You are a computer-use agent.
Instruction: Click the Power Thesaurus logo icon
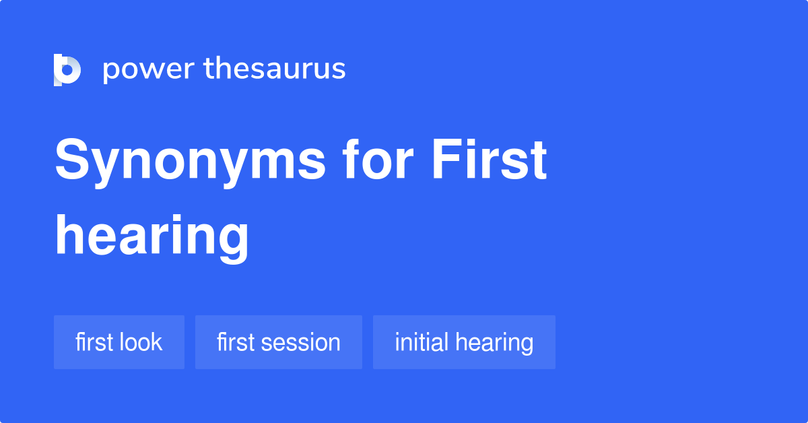(x=67, y=69)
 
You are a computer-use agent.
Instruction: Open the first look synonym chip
(x=119, y=342)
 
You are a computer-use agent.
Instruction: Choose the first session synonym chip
(x=279, y=342)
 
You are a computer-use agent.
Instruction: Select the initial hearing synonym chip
(x=464, y=342)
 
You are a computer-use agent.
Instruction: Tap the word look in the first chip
(x=141, y=342)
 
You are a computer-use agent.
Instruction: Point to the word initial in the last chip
(x=422, y=342)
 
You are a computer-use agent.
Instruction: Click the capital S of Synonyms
(x=73, y=161)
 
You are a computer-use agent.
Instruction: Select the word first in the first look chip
(x=94, y=342)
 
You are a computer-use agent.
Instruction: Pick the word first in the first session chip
(x=236, y=342)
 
